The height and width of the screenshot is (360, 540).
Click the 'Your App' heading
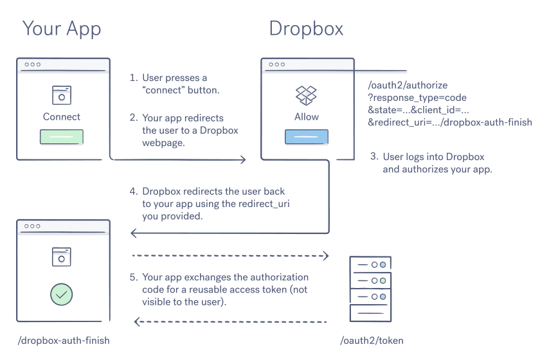click(x=62, y=29)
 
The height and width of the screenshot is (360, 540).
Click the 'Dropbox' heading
click(x=305, y=29)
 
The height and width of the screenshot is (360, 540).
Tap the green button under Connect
click(x=62, y=137)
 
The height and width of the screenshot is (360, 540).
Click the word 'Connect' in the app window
click(x=62, y=117)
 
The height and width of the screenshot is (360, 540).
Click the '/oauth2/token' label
click(x=370, y=341)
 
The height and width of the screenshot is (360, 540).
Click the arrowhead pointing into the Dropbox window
click(x=243, y=159)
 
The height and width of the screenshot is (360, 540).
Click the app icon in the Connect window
click(x=62, y=94)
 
